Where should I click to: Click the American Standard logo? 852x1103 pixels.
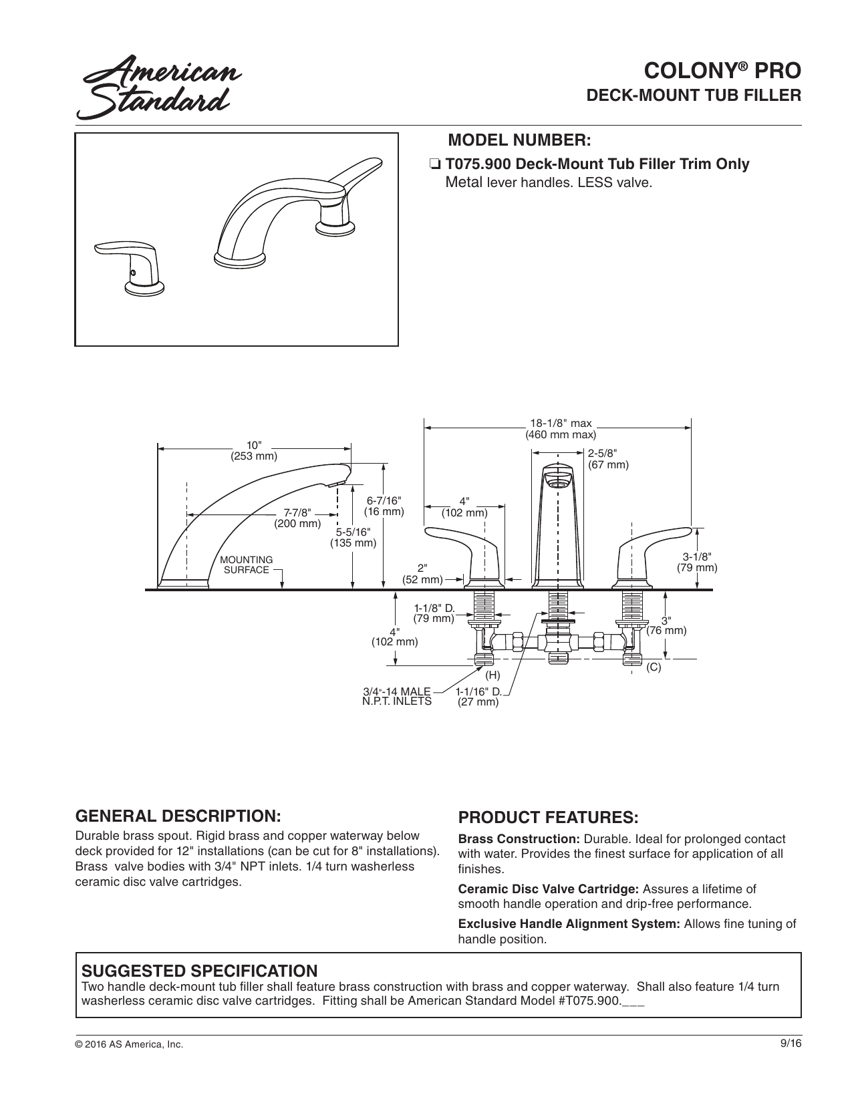[x=159, y=87]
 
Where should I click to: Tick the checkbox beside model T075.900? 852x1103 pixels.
[x=434, y=164]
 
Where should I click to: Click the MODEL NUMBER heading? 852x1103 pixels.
[x=519, y=140]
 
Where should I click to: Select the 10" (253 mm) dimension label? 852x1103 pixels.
[x=254, y=451]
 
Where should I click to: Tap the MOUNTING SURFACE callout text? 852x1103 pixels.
[x=247, y=565]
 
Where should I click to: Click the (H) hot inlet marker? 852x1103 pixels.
[x=492, y=675]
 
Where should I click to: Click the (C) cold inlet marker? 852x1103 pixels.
[x=654, y=667]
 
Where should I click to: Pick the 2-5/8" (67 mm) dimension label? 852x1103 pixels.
[x=608, y=459]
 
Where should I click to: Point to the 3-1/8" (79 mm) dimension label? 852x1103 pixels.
[x=696, y=563]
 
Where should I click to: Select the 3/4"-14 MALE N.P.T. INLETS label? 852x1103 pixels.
[x=397, y=696]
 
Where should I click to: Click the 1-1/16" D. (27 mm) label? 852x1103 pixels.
[x=478, y=696]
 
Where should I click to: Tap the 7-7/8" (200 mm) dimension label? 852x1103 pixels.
[x=297, y=518]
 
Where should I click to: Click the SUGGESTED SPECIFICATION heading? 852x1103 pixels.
[x=200, y=971]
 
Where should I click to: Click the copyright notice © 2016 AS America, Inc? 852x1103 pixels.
[x=129, y=1044]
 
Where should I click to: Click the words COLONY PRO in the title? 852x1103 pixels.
[x=722, y=71]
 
